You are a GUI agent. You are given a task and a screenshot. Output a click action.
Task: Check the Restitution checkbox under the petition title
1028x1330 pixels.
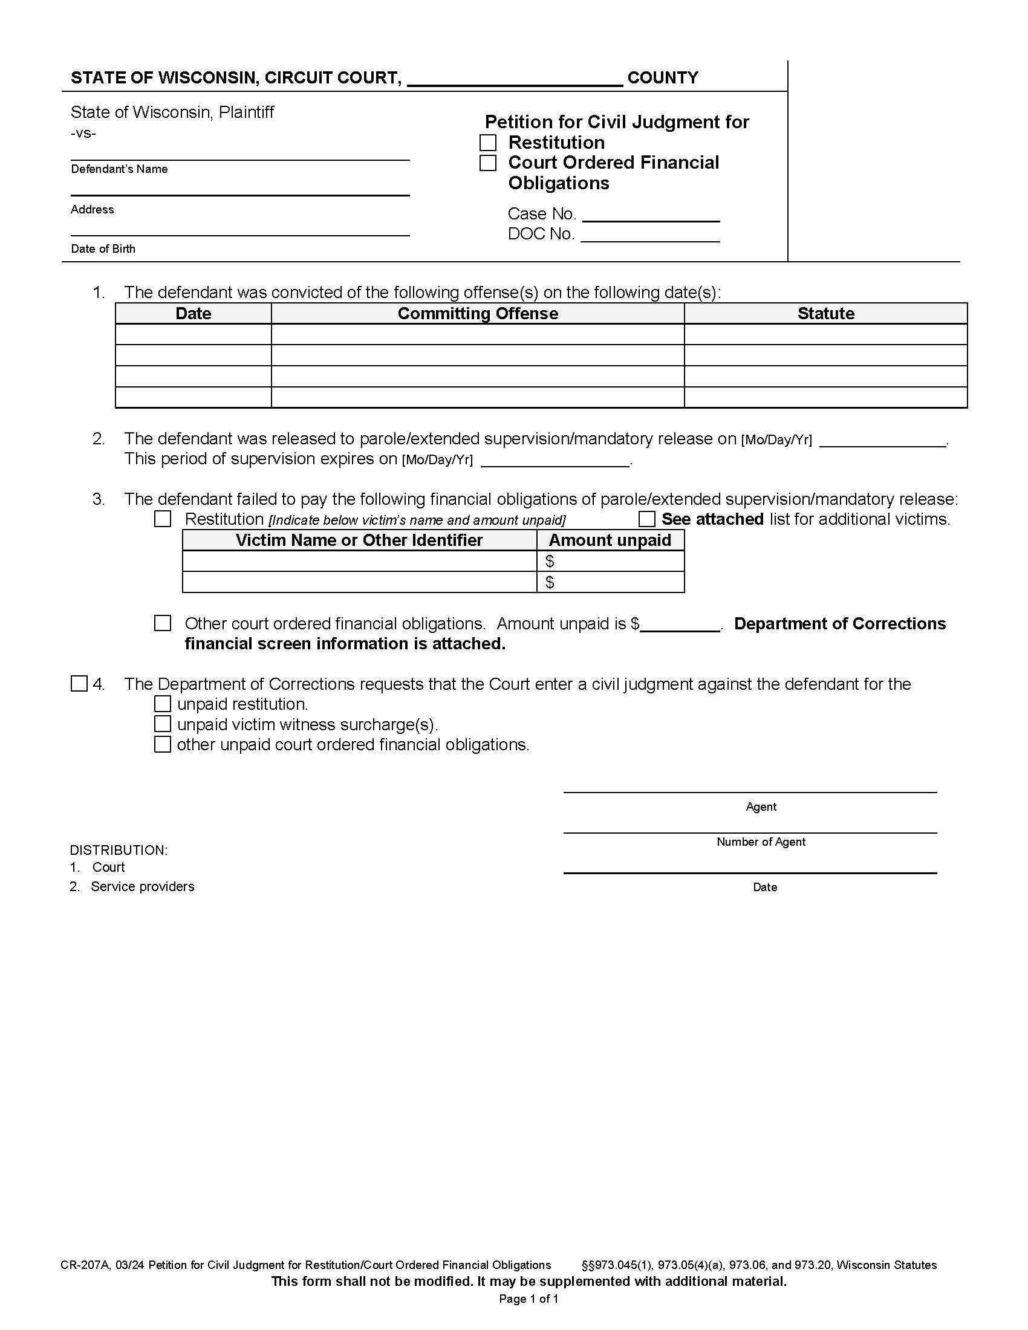488,143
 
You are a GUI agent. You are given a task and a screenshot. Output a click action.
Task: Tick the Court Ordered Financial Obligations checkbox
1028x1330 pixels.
488,163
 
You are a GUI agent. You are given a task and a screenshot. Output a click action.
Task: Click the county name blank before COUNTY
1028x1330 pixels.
515,79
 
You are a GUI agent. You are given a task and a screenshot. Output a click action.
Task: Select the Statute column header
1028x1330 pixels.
825,314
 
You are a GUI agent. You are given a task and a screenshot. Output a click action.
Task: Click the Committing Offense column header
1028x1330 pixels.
478,314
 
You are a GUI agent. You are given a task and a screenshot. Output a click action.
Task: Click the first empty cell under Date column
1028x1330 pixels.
193,334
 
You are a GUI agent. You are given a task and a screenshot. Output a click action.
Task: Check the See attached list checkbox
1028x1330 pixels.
646,519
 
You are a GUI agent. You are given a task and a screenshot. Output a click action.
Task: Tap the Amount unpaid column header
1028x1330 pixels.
610,540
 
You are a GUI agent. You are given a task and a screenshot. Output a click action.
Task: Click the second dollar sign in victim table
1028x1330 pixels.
550,582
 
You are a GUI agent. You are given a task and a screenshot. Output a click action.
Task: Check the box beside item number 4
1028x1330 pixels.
79,683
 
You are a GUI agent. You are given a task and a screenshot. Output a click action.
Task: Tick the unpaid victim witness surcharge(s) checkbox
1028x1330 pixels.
163,724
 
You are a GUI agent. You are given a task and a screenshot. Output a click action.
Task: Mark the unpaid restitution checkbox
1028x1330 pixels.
163,704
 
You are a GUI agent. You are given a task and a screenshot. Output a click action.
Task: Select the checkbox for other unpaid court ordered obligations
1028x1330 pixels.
163,744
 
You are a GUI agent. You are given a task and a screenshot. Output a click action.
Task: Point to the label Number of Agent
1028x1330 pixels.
761,842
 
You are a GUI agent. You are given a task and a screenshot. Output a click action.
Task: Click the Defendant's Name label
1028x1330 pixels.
119,169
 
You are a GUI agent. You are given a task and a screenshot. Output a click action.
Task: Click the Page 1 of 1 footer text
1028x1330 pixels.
529,1299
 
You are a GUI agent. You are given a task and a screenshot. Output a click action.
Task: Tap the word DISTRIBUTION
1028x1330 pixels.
119,850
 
